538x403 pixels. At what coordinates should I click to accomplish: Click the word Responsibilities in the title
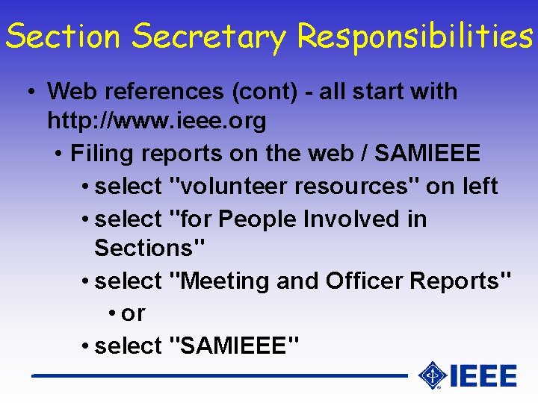tap(414, 36)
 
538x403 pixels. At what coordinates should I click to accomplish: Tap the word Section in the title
tap(63, 36)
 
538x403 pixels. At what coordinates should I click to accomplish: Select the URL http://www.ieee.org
tap(156, 120)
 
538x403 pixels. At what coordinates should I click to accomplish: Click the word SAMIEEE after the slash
tap(427, 153)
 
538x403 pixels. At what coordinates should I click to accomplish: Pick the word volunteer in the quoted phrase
tap(229, 186)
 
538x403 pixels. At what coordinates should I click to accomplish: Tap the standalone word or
tap(133, 313)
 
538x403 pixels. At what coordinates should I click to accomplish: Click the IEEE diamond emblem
tap(432, 375)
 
